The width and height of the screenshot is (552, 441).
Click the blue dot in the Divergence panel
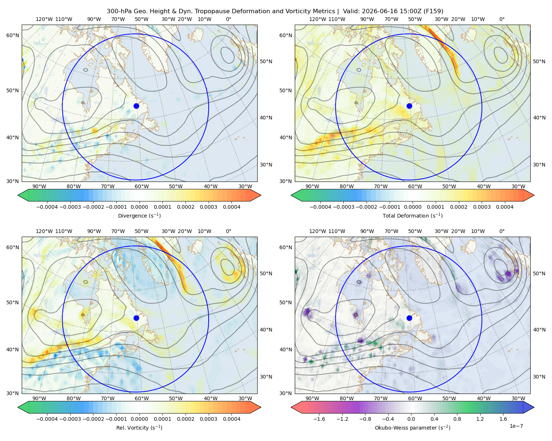click(136, 106)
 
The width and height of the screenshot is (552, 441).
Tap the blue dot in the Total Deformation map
click(409, 106)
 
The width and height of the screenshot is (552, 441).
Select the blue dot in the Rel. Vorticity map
click(136, 318)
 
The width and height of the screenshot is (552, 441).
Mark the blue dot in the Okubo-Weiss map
click(409, 318)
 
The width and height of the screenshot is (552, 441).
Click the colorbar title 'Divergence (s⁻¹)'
click(139, 215)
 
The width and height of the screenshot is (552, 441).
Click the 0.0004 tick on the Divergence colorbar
click(231, 207)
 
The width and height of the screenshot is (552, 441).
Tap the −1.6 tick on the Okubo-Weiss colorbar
click(319, 419)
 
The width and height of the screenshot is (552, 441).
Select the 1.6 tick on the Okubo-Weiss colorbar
click(503, 419)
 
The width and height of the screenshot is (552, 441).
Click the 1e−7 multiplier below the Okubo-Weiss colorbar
click(516, 426)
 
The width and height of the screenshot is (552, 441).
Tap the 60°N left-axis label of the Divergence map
click(13, 35)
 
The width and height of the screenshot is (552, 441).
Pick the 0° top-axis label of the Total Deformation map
click(502, 19)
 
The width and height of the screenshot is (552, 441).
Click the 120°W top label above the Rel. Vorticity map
click(44, 231)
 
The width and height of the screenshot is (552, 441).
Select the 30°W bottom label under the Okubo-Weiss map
click(518, 398)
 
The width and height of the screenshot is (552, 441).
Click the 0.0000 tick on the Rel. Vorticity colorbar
click(139, 419)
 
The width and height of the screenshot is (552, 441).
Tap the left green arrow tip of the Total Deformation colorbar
click(291, 195)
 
